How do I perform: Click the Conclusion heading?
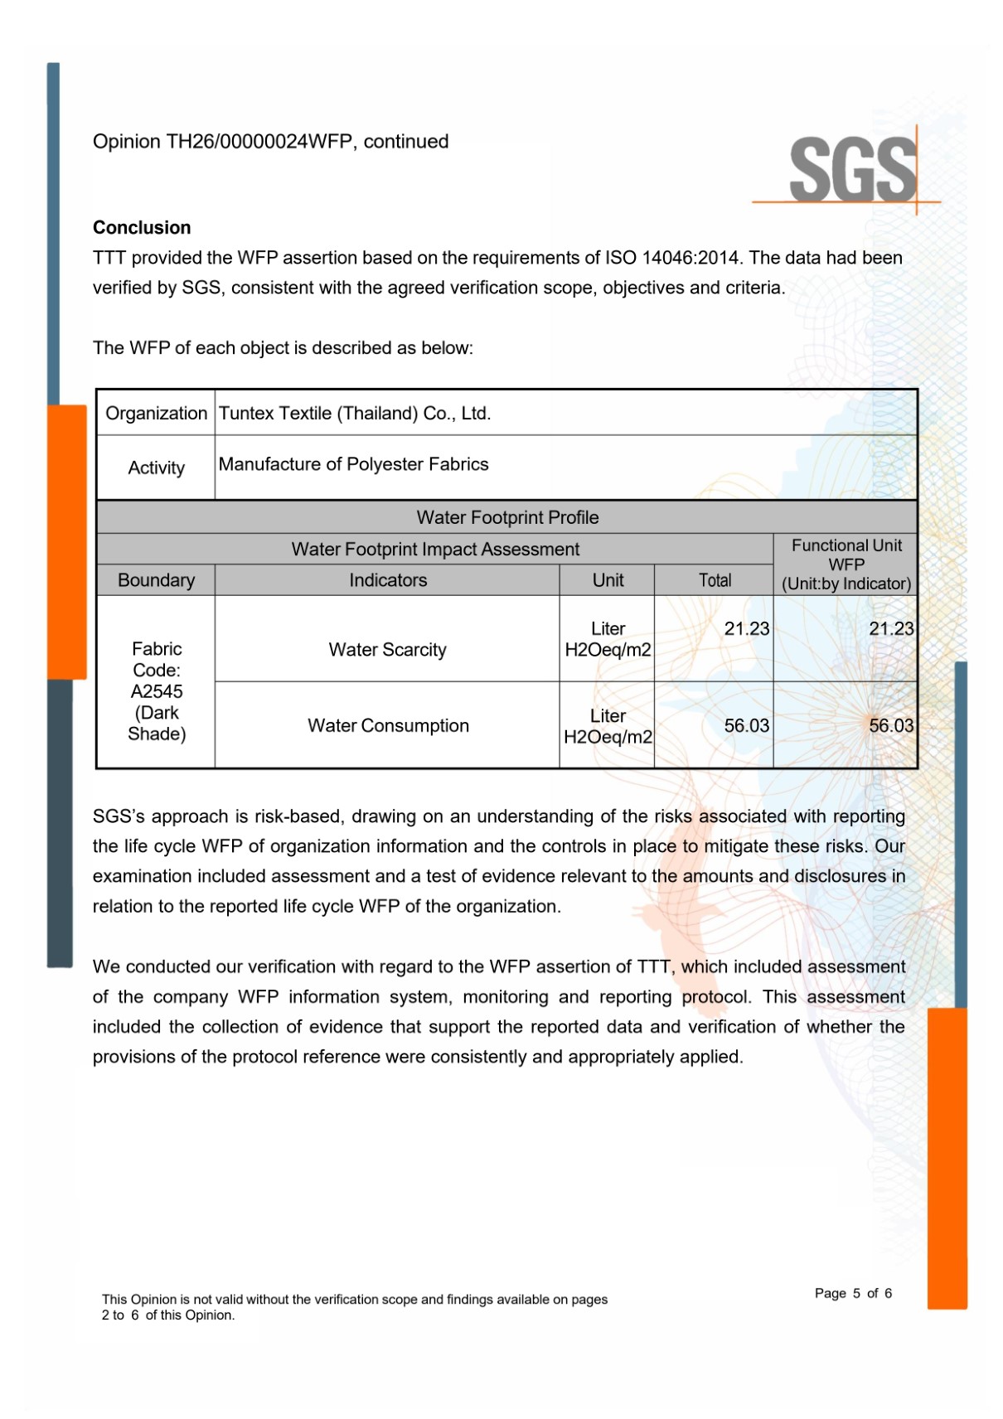tap(142, 228)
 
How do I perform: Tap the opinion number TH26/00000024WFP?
tap(260, 142)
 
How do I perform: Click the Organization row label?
tap(156, 414)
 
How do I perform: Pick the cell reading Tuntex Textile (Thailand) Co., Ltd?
tap(355, 414)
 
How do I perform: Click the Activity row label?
tap(156, 468)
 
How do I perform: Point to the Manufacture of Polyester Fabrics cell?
tap(354, 464)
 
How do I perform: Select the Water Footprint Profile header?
tap(507, 517)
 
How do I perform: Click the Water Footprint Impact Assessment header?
tap(435, 550)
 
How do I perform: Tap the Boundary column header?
tap(156, 580)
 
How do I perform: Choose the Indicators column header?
tap(388, 580)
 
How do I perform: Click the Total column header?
tap(715, 580)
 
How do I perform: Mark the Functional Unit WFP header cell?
tap(846, 564)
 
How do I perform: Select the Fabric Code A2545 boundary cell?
tap(156, 691)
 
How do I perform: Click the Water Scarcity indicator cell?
tap(387, 650)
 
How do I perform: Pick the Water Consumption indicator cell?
tap(388, 726)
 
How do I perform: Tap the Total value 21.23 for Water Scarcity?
tap(746, 629)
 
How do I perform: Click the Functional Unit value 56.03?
tap(890, 726)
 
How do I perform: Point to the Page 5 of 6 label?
tap(853, 1293)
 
